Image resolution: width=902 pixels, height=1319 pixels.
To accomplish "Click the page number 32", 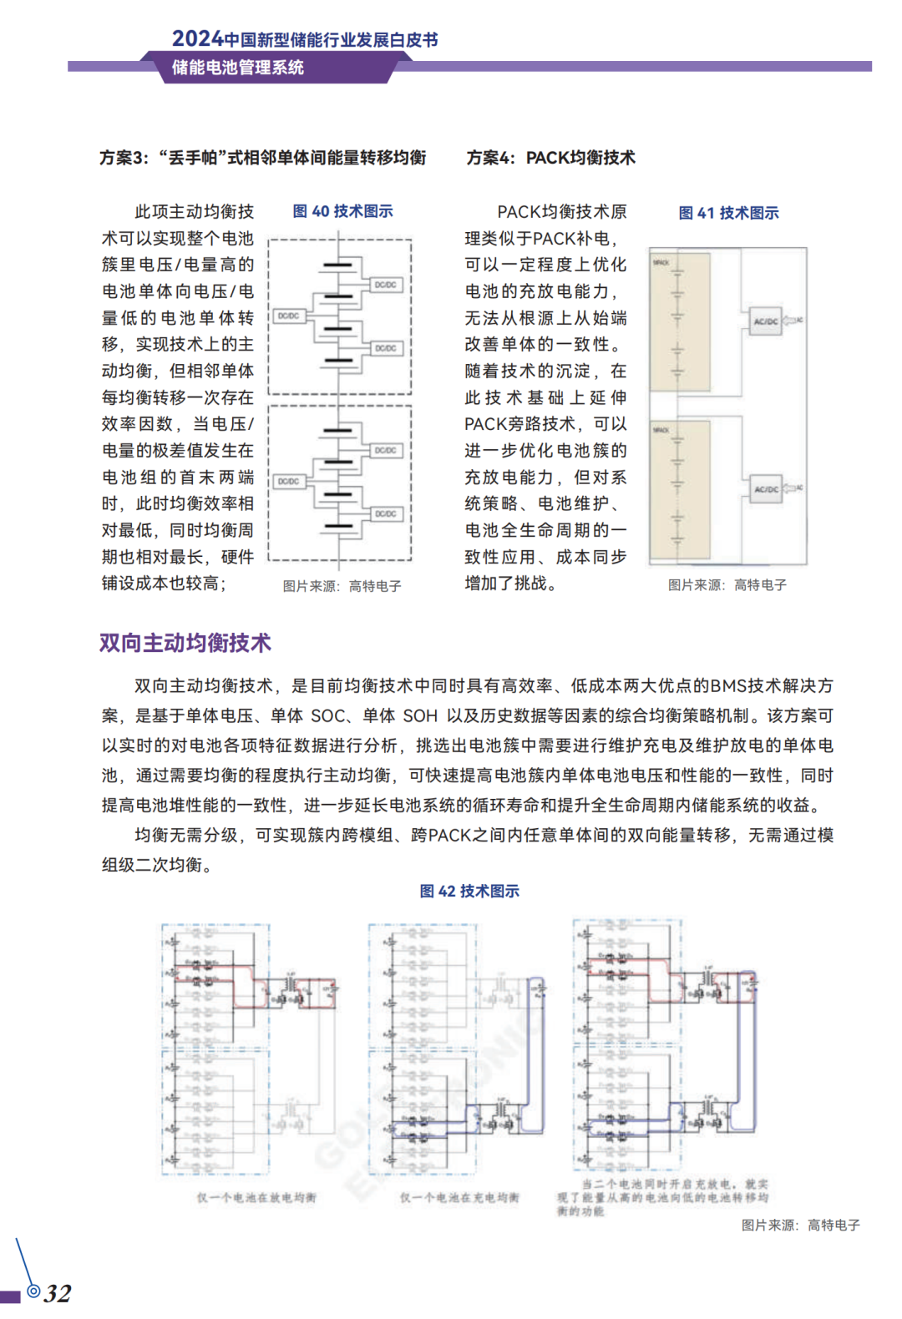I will click(58, 1293).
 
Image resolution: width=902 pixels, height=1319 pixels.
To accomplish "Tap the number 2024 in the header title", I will click(197, 39).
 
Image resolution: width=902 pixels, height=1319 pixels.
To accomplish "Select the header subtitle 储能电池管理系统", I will click(238, 68).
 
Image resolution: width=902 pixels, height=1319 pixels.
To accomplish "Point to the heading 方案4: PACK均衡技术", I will click(550, 158).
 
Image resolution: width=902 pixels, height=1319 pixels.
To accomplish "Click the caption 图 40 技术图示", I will click(342, 211).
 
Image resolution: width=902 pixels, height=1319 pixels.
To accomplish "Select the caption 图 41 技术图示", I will click(728, 213).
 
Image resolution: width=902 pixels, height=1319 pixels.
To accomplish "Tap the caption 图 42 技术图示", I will click(469, 891).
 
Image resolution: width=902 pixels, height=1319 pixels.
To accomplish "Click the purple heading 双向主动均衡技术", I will click(185, 643).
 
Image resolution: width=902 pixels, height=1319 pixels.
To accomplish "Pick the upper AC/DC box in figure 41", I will click(766, 321).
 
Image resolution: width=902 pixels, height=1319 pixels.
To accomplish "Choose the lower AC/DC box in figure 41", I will click(766, 489).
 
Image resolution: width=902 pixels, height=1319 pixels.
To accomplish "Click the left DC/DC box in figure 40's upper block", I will click(288, 316).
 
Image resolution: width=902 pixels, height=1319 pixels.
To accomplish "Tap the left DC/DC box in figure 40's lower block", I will click(288, 482).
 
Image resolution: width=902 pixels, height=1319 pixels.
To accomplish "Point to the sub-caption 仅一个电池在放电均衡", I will click(256, 1197).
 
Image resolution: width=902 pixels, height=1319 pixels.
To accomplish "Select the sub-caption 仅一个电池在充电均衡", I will click(459, 1197).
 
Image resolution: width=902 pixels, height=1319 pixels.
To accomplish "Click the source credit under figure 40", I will click(342, 586).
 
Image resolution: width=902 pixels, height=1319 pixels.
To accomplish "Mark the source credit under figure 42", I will click(800, 1225).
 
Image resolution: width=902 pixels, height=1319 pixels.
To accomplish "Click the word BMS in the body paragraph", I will click(728, 686).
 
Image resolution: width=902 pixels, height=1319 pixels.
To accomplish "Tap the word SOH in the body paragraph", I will click(420, 716).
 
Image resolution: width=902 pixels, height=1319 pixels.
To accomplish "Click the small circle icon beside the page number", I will click(33, 1291).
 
